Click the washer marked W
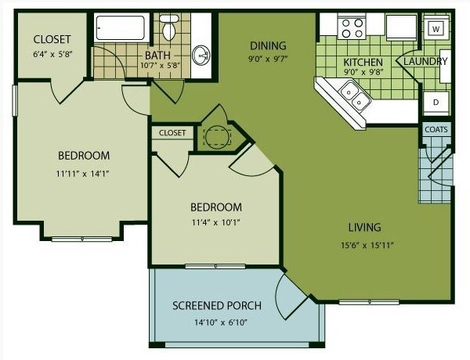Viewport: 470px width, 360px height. point(436,29)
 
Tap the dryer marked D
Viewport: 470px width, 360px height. point(436,102)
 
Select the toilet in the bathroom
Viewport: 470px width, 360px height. point(168,27)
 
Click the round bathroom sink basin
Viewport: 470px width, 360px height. point(201,56)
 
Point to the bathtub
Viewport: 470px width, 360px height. point(121,27)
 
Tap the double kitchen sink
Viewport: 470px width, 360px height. point(355,95)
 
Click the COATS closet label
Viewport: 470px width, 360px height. point(436,129)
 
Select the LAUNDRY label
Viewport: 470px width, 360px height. point(425,62)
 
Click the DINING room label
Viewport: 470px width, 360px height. point(268,46)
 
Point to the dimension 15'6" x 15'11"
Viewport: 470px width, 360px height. point(367,246)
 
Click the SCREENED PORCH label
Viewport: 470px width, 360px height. point(217,305)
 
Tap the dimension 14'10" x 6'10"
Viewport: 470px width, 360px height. point(220,322)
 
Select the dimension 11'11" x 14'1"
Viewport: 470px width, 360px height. point(82,174)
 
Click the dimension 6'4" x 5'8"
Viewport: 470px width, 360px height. point(53,55)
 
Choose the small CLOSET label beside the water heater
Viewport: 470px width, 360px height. point(172,133)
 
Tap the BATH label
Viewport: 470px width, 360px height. point(157,56)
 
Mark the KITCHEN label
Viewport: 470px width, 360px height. point(363,63)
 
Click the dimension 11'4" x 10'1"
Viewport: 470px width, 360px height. point(216,222)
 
